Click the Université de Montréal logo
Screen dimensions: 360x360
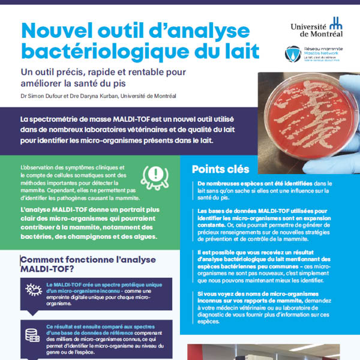point(316,28)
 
